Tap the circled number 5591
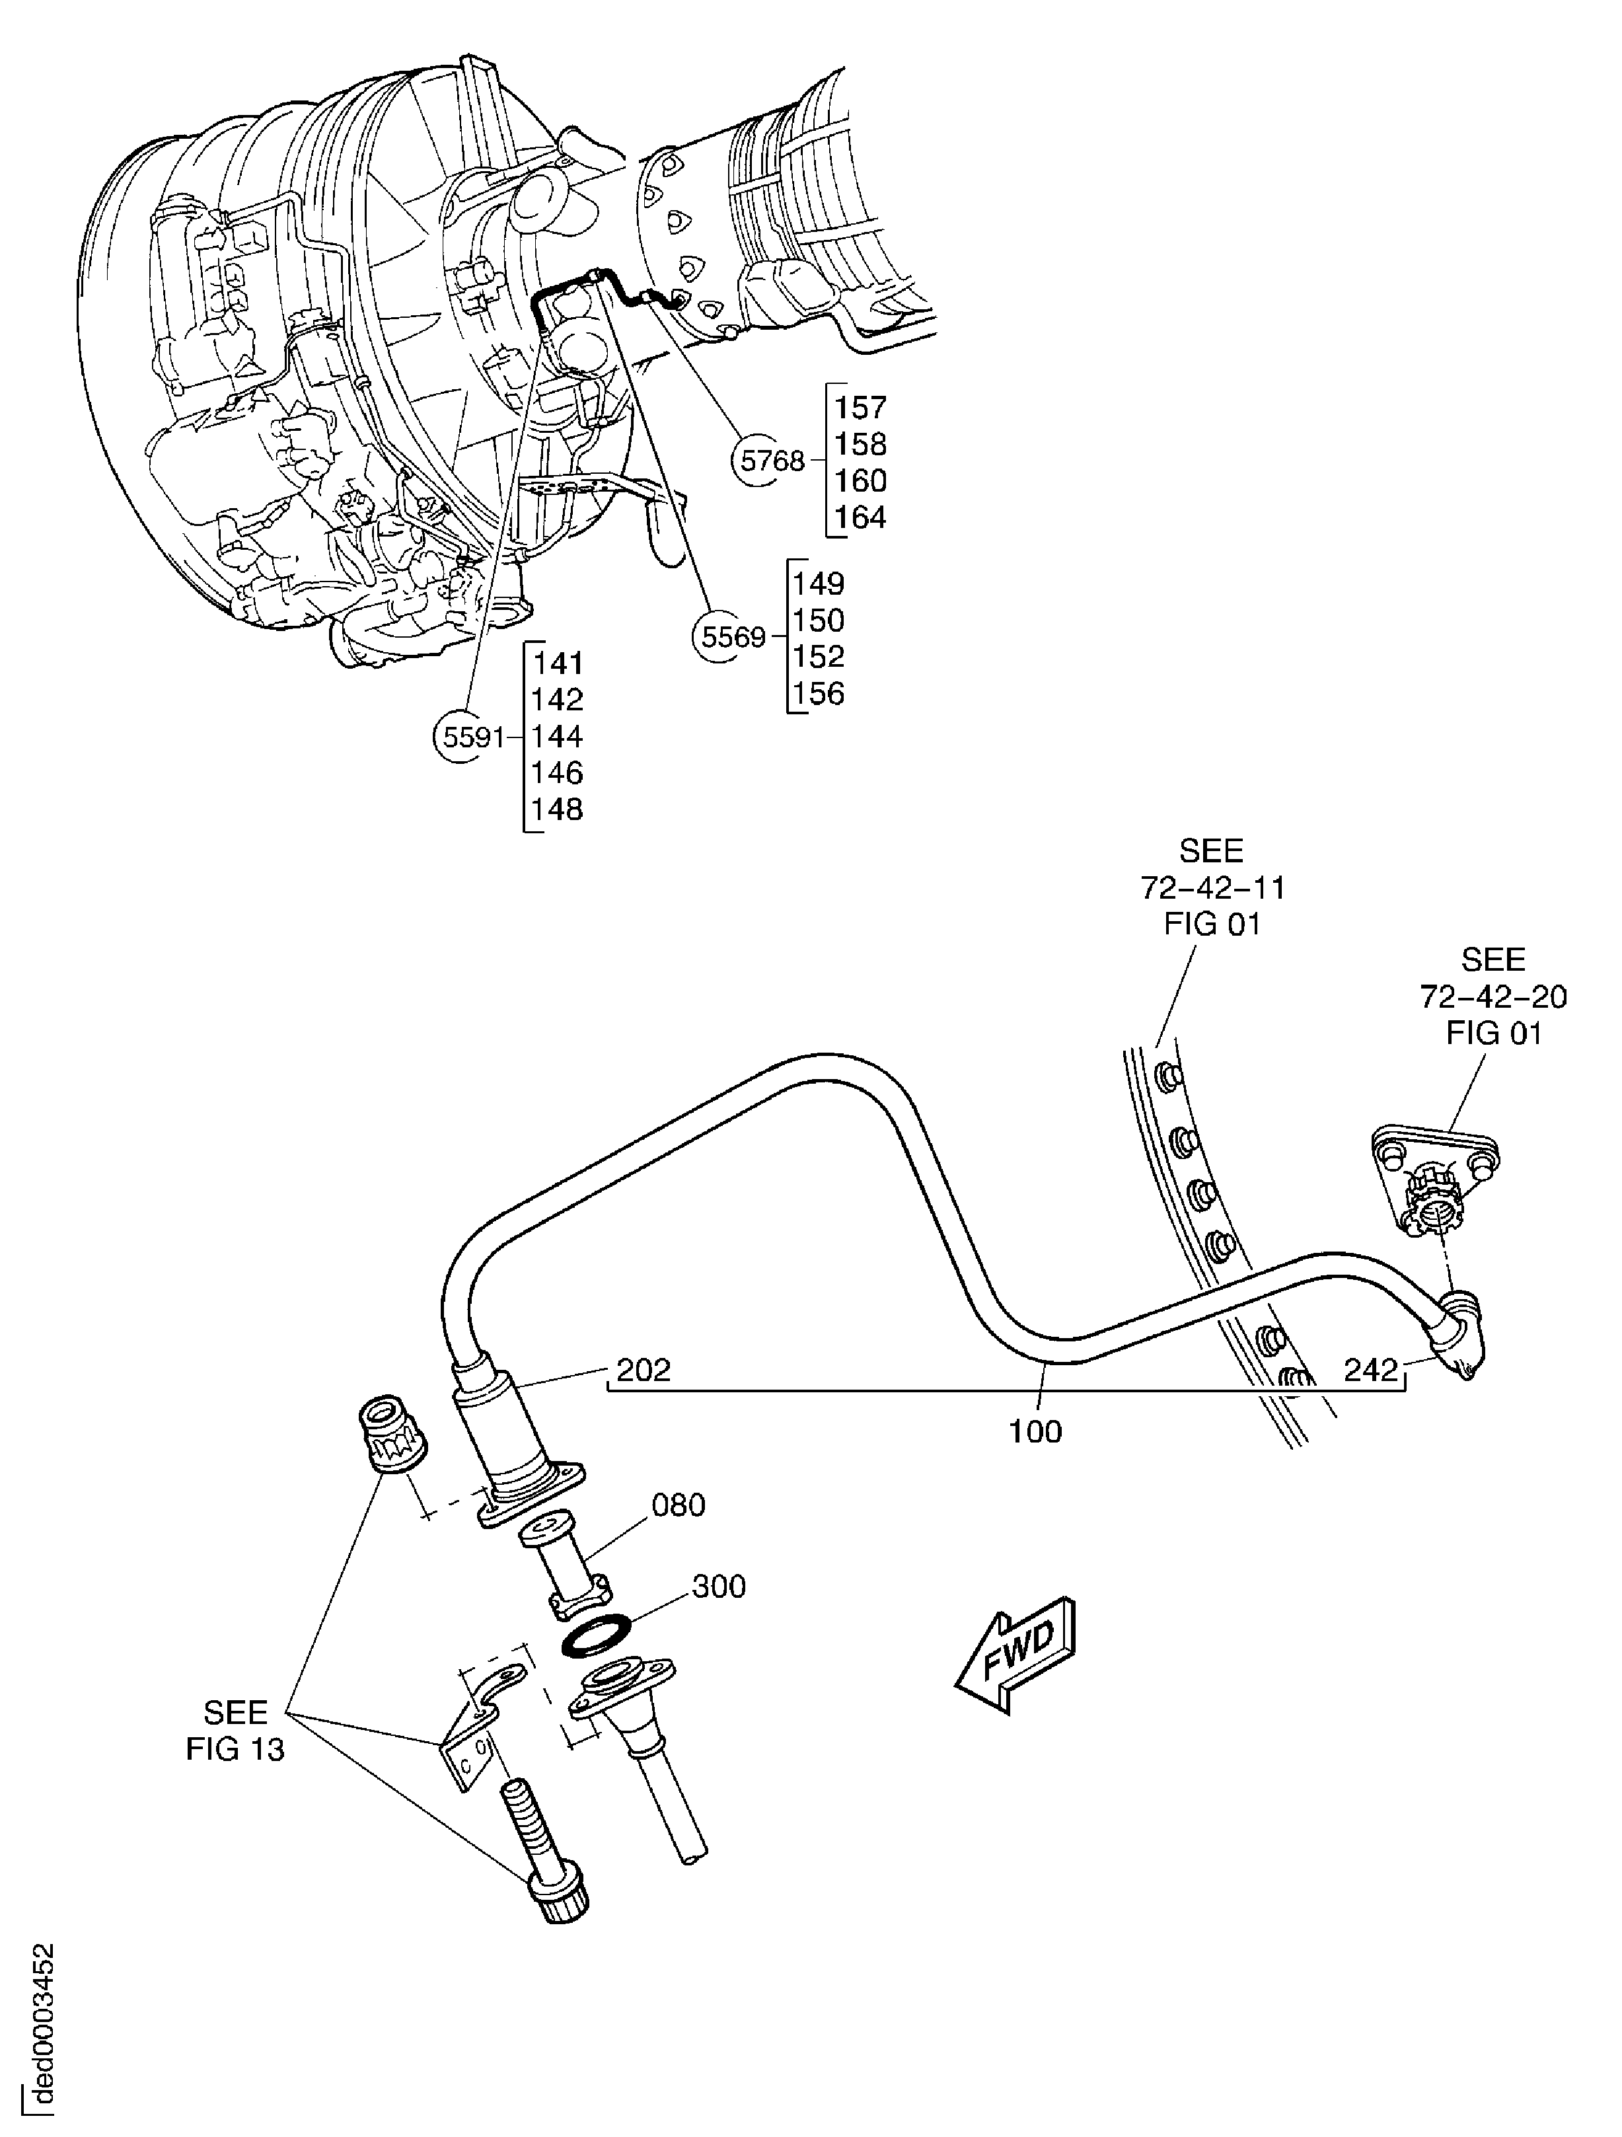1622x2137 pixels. [472, 737]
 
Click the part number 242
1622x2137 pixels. [1371, 1369]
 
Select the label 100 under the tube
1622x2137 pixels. [1035, 1432]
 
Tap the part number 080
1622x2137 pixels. [678, 1505]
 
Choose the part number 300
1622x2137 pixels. [719, 1587]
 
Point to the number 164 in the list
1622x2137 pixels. [860, 518]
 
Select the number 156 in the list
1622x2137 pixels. [818, 694]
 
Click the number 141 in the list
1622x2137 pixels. [558, 663]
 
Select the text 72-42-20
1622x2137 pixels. [1493, 996]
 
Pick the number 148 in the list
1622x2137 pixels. [558, 809]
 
